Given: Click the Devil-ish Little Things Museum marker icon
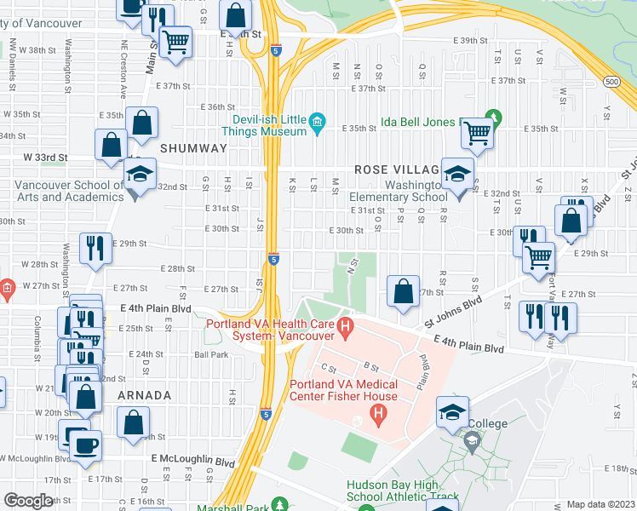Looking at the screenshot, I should point(318,123).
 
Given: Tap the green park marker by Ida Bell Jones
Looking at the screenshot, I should point(491,117).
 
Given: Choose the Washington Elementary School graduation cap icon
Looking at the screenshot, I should point(457,175).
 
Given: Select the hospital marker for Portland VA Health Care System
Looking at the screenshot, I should point(345,324).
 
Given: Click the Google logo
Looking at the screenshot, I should point(28,501).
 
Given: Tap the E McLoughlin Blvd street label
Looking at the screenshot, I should point(193,461).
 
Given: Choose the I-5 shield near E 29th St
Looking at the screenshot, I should point(273,258).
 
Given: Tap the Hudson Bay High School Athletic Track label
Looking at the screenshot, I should point(402,491).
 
